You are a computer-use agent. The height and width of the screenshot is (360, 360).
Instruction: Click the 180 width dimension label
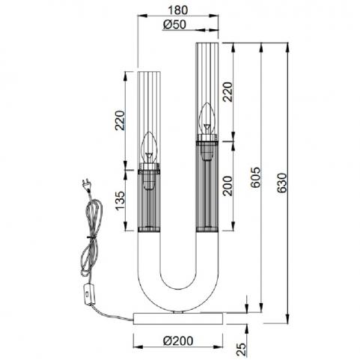point(177,10)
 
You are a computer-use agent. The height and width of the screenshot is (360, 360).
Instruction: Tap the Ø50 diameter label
point(174,25)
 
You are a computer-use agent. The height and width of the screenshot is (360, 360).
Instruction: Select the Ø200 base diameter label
point(178,341)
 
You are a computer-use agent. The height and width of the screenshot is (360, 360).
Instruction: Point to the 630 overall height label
point(282,183)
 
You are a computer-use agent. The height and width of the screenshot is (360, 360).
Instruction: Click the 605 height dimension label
point(255,177)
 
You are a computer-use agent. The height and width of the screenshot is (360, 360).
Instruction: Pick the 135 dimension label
point(120,201)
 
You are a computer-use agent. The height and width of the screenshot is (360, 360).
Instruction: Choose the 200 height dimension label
point(228,186)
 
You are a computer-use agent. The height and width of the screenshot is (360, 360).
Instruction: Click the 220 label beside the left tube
point(120,120)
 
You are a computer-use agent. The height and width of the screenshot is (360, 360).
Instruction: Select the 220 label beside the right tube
point(228,92)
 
